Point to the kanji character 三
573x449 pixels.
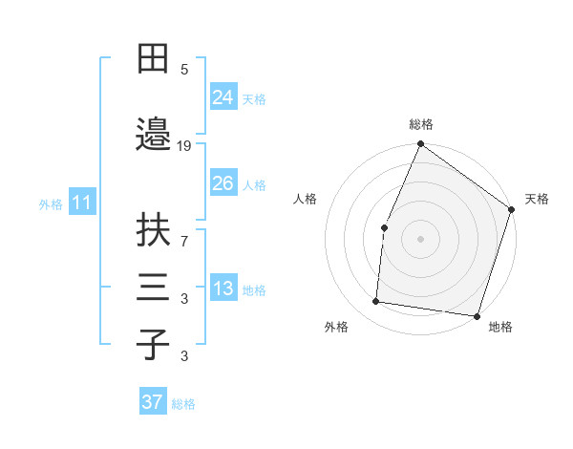click(153, 286)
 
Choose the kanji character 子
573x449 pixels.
click(153, 343)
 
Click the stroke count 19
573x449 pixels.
click(184, 145)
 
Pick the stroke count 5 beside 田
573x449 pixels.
click(184, 69)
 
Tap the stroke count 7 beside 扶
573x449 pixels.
click(184, 243)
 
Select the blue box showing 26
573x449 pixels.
click(223, 183)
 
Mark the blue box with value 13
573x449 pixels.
click(223, 289)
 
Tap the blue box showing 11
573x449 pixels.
click(81, 203)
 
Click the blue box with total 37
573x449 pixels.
click(152, 402)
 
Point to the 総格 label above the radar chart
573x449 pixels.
click(420, 124)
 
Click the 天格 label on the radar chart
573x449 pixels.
click(537, 199)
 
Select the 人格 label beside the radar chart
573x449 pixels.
click(305, 199)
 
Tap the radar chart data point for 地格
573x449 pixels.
click(477, 315)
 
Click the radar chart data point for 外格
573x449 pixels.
click(376, 302)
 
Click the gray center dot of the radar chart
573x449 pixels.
click(420, 238)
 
